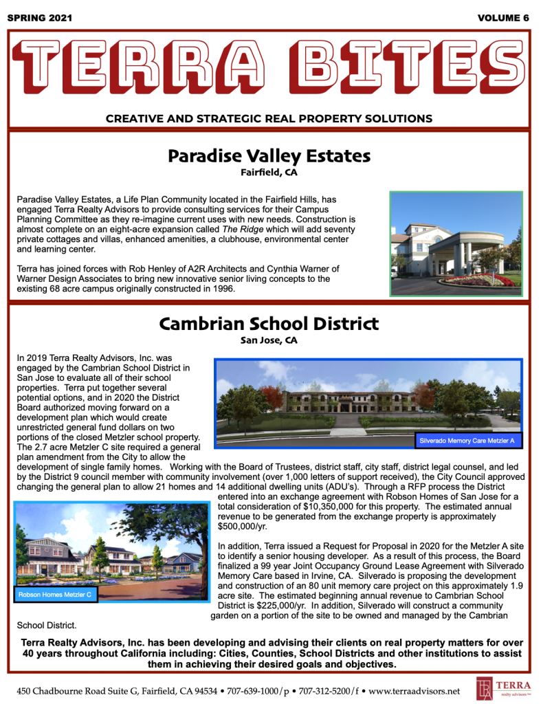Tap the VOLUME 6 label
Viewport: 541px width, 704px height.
(x=503, y=18)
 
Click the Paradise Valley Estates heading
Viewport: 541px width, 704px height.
(x=269, y=155)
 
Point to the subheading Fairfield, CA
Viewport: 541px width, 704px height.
(x=269, y=172)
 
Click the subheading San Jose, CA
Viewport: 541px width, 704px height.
(x=269, y=340)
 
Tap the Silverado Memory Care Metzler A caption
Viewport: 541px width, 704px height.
(x=467, y=439)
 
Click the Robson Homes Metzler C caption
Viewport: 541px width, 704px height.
(x=55, y=593)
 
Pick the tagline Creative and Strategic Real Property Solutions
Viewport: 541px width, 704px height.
(x=269, y=118)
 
